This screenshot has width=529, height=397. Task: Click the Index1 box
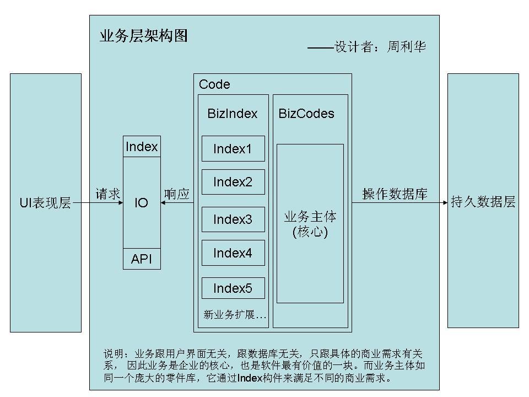click(x=233, y=149)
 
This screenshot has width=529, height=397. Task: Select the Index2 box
click(x=233, y=182)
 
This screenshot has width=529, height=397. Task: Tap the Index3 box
click(x=233, y=219)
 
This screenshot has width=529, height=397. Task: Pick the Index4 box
click(x=233, y=253)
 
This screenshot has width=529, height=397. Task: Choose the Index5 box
click(x=233, y=288)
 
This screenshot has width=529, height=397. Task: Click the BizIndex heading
click(x=233, y=114)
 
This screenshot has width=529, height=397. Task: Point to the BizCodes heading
click(x=306, y=114)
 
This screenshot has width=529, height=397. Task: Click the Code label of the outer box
click(x=214, y=84)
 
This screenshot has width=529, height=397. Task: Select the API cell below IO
click(x=142, y=259)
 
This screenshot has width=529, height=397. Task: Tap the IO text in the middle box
click(x=142, y=203)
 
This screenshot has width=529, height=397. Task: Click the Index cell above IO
click(x=142, y=147)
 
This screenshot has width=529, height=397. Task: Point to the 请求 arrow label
click(x=108, y=194)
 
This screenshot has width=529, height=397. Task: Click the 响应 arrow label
click(x=177, y=194)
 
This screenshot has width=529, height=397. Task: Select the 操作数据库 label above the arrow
click(x=395, y=194)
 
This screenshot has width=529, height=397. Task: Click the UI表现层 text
click(x=45, y=203)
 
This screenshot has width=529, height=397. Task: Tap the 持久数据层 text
click(x=483, y=202)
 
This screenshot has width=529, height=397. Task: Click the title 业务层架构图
click(x=143, y=36)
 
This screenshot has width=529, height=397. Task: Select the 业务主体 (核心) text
click(x=310, y=224)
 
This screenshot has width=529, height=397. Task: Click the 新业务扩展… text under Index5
click(x=235, y=315)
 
